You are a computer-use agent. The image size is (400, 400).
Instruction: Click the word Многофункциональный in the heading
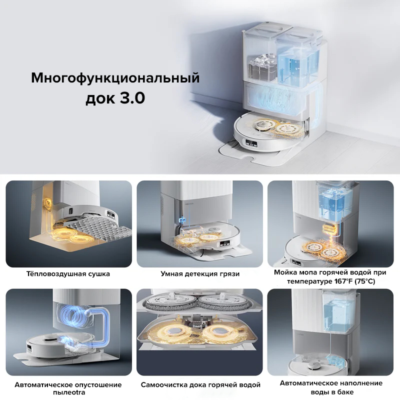click(x=115, y=78)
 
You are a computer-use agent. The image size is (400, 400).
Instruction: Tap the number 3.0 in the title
click(x=131, y=97)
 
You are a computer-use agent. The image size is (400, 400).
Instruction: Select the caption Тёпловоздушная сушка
click(x=68, y=274)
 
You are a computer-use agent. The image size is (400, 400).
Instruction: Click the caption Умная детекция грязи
click(x=200, y=274)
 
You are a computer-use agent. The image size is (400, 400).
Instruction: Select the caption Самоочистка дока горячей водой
click(x=200, y=385)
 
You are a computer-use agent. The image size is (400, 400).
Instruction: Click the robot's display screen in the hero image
click(x=251, y=145)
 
